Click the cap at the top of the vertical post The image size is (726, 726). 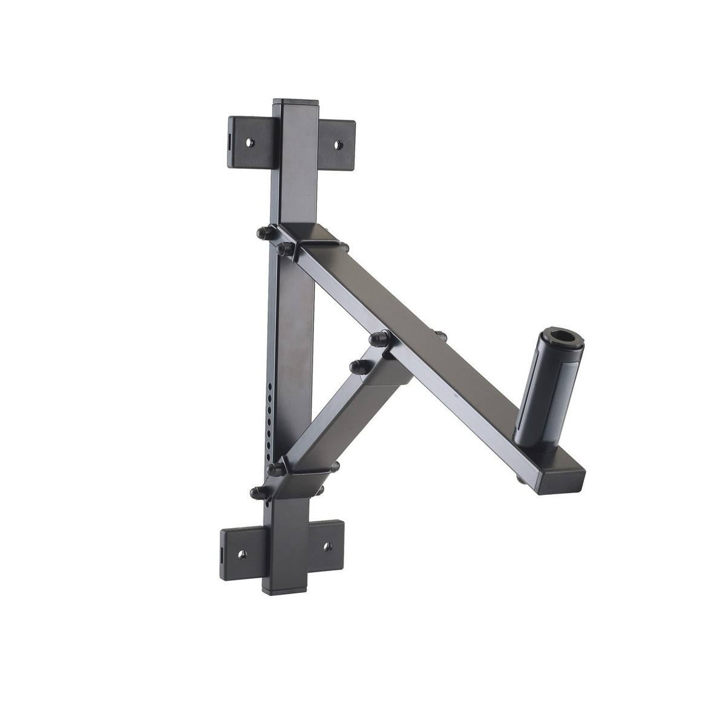click(x=297, y=103)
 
